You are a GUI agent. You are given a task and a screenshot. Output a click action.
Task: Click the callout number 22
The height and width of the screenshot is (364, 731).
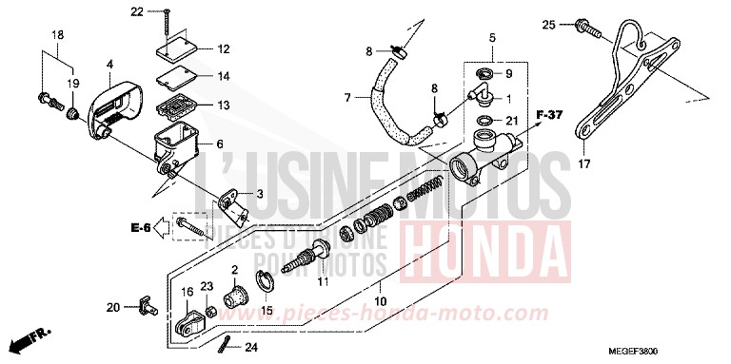[135, 11]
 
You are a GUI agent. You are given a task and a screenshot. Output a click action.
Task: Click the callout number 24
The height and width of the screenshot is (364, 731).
[251, 349]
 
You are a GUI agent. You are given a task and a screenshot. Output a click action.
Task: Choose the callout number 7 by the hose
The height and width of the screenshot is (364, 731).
[347, 97]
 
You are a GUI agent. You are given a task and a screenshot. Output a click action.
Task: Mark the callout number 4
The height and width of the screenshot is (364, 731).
[109, 65]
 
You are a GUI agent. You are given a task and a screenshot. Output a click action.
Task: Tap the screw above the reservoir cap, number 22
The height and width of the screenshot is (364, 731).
[168, 21]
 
